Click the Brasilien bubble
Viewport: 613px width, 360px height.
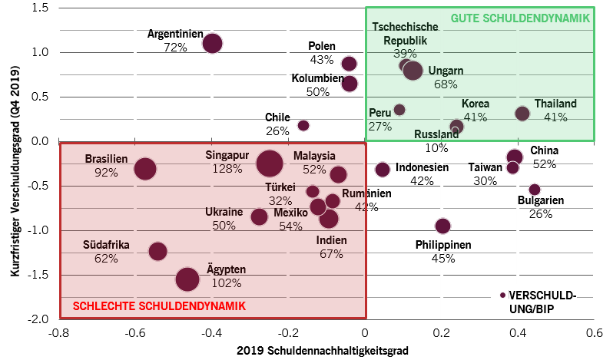[x=145, y=169]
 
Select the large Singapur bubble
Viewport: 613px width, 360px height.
[x=270, y=163]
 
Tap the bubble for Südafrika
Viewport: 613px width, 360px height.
[x=157, y=251]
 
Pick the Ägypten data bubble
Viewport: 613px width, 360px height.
[x=187, y=279]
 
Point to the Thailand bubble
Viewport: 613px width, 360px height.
[x=522, y=114]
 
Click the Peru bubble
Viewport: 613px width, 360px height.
[x=399, y=110]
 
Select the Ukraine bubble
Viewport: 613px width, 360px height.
[x=259, y=217]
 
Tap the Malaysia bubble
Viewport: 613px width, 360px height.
[x=338, y=174]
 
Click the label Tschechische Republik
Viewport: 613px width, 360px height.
[x=405, y=33]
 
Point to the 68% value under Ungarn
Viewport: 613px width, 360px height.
[x=446, y=84]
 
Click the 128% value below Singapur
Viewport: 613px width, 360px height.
[x=227, y=169]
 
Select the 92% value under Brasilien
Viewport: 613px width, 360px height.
[x=106, y=173]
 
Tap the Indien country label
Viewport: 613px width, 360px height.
[x=331, y=240]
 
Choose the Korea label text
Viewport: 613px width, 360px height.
[x=475, y=104]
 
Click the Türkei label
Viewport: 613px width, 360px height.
[x=280, y=187]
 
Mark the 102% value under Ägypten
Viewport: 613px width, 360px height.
[x=227, y=282]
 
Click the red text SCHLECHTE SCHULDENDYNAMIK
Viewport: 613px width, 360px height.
[x=159, y=306]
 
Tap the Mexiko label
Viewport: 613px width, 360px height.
[x=290, y=213]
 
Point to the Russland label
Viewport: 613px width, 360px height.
[x=436, y=134]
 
